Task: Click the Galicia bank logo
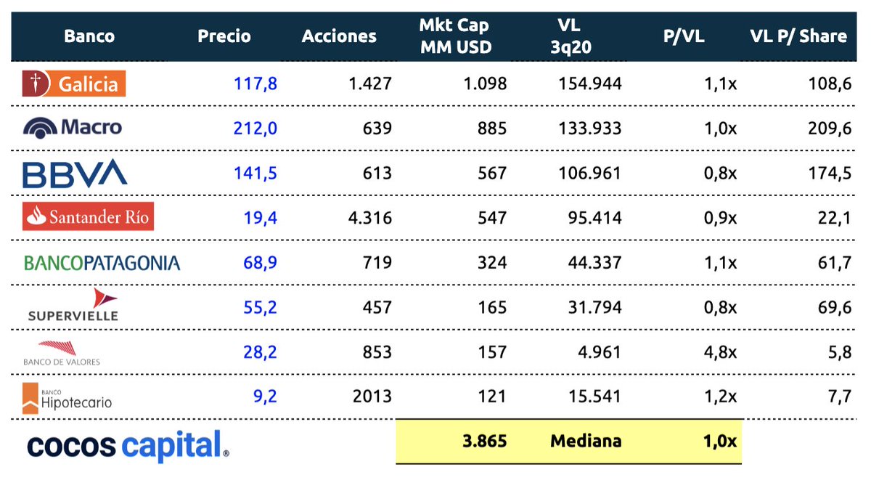coord(74,84)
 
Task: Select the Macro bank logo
coord(73,128)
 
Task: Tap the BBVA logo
coord(75,173)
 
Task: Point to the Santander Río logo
coord(88,216)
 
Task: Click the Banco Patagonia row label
coord(102,262)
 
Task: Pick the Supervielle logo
coord(73,306)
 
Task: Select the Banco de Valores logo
coord(62,351)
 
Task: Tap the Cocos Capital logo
coord(128,445)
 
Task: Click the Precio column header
coord(224,36)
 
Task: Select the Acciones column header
coord(339,36)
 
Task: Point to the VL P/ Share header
coord(798,36)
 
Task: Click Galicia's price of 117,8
coord(255,84)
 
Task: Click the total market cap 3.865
coord(485,441)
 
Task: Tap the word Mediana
coord(586,441)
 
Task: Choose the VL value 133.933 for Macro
coord(590,129)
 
